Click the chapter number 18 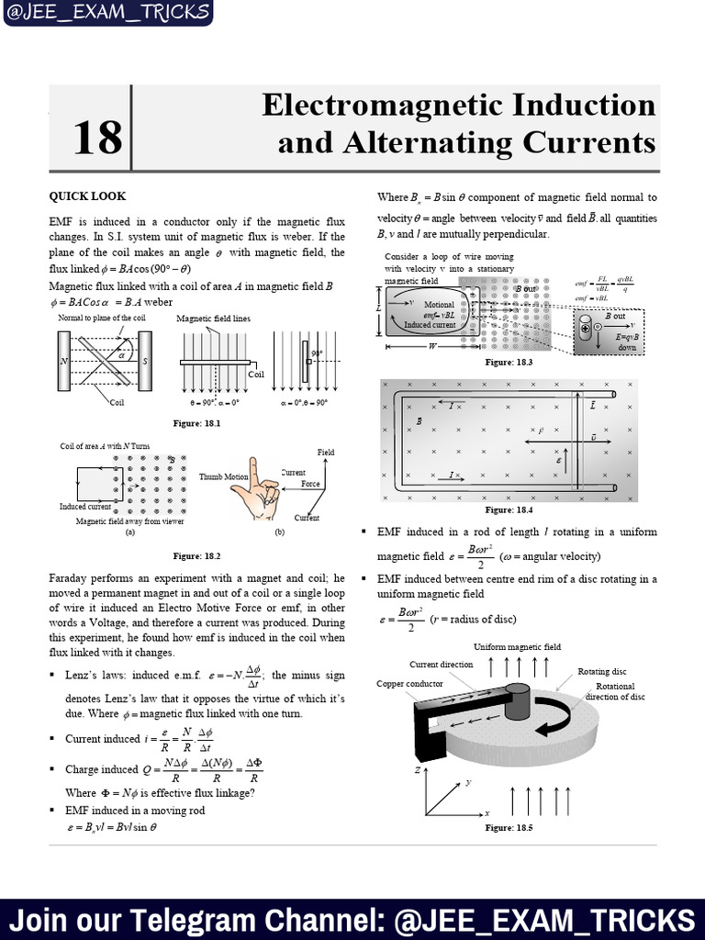[96, 139]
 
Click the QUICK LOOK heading [88, 196]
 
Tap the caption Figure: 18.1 [197, 422]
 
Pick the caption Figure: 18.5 [509, 827]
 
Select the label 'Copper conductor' [409, 684]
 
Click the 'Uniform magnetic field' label [517, 647]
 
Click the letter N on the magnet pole [63, 361]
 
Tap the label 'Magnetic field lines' [213, 319]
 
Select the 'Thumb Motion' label [224, 476]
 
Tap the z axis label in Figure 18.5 [418, 770]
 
